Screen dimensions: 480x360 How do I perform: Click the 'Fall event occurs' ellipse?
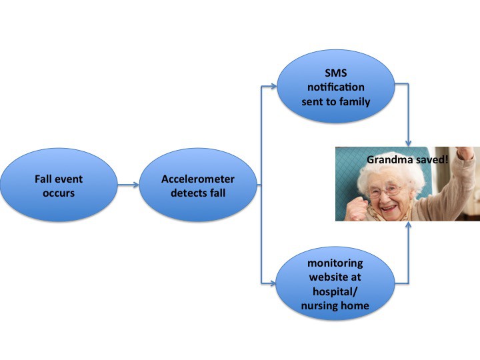pos(59,185)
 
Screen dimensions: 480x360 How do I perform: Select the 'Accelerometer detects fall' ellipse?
pos(198,185)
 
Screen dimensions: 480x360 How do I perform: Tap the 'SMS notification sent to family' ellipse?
pos(336,86)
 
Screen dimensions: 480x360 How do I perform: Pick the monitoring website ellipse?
pos(335,283)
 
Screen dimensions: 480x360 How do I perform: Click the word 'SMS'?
pos(336,73)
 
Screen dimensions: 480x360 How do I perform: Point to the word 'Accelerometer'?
pos(198,179)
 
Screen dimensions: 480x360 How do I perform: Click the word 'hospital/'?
pos(335,291)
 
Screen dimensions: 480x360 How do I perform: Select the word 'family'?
pos(355,101)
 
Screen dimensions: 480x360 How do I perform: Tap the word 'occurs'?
pos(59,193)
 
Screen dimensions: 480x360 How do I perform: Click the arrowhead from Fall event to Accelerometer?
pos(135,185)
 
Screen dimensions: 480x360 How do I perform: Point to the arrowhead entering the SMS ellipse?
pos(273,86)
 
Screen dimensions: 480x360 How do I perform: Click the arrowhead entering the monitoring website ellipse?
pos(272,283)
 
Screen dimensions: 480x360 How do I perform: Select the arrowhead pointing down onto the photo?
pos(408,143)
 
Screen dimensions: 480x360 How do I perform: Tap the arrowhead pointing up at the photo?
pos(408,225)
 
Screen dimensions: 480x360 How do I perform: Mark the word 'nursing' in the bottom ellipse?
pos(319,306)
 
